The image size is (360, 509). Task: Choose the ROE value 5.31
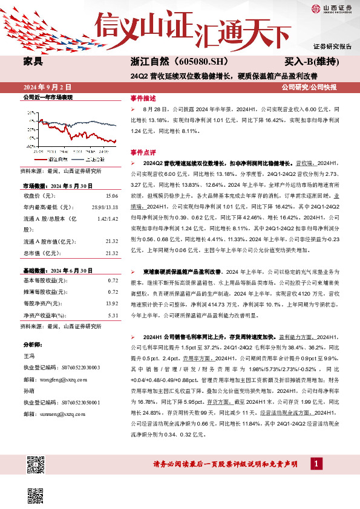(x=112, y=313)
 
